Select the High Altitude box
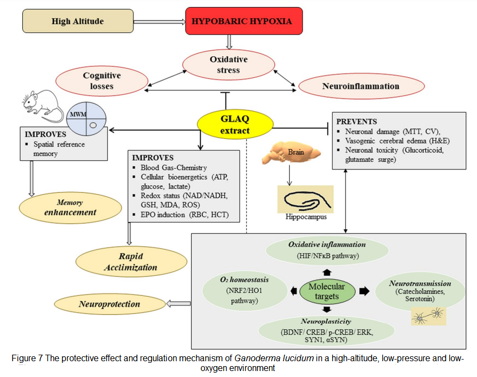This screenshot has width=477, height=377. [x=78, y=22]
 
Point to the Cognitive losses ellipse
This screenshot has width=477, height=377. [x=102, y=81]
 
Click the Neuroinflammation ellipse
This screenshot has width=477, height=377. [x=360, y=86]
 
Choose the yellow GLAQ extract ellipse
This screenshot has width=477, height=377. [x=235, y=125]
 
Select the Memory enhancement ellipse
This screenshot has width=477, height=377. [x=70, y=208]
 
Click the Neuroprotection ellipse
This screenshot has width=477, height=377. [x=109, y=304]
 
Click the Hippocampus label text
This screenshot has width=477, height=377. [x=305, y=217]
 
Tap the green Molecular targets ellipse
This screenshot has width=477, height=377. [x=327, y=291]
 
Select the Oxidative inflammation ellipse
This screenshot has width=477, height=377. [x=327, y=250]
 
